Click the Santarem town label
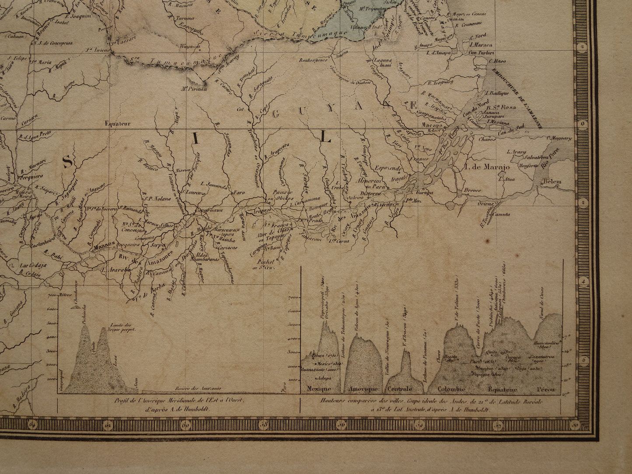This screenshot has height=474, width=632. point(310,238)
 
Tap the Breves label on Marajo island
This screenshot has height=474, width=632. point(473,191)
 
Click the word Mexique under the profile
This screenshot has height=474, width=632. point(318,389)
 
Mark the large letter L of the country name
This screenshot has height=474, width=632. point(325,138)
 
